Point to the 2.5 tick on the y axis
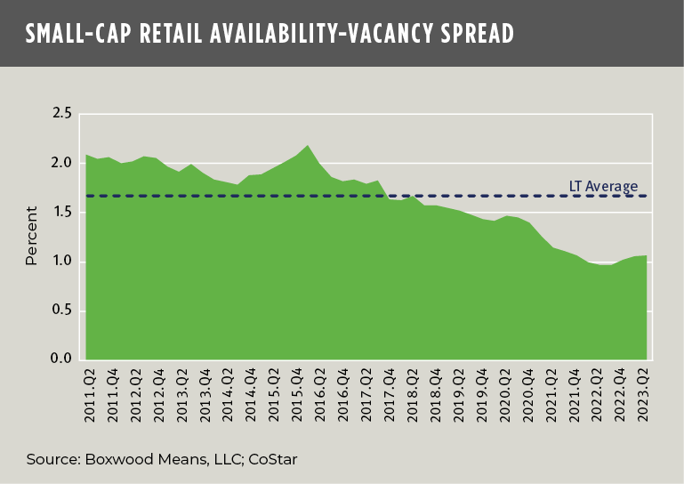tap(61, 114)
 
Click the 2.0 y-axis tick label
tap(61, 163)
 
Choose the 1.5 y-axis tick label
tap(61, 212)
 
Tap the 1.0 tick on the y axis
tap(61, 262)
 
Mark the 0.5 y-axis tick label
tap(61, 311)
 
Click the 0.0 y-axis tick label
tap(61, 359)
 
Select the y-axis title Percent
tap(31, 237)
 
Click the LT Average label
tap(603, 186)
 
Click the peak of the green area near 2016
tap(307, 145)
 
